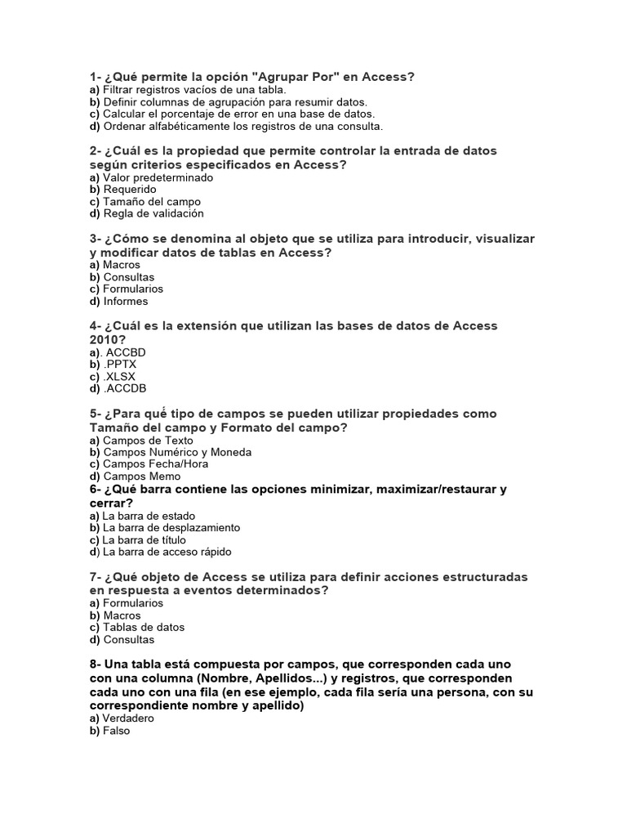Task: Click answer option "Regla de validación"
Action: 153,213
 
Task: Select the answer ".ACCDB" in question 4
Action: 124,388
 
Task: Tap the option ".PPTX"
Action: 120,365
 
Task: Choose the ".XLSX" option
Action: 119,377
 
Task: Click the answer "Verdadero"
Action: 128,718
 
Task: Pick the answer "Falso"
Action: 117,731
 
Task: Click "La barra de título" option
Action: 144,539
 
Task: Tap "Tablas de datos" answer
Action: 144,627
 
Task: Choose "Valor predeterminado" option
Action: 158,177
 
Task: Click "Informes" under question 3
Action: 126,301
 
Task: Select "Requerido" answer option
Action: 130,190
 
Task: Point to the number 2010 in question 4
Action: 105,339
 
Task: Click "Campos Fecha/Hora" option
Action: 155,463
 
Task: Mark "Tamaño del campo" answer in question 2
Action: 152,201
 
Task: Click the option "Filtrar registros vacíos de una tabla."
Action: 194,90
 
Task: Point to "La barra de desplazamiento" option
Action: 171,528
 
